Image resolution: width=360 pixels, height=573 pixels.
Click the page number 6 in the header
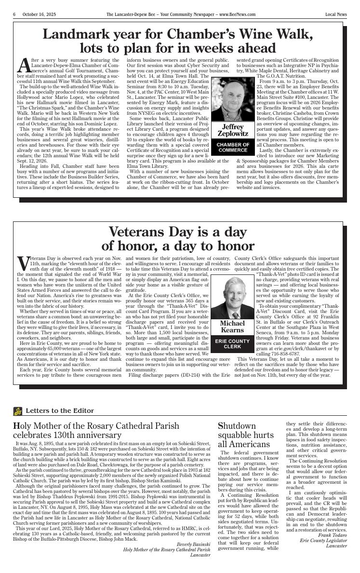click(14, 14)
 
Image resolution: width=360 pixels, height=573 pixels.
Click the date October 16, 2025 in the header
click(39, 14)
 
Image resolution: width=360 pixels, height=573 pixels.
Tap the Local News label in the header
click(335, 14)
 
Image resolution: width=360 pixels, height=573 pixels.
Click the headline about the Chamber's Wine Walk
click(178, 41)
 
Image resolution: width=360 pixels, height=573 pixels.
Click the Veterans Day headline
click(178, 239)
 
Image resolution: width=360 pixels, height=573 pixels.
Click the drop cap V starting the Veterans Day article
click(24, 263)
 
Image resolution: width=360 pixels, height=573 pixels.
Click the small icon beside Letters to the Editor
click(18, 411)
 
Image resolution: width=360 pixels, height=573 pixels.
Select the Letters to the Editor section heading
click(59, 411)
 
